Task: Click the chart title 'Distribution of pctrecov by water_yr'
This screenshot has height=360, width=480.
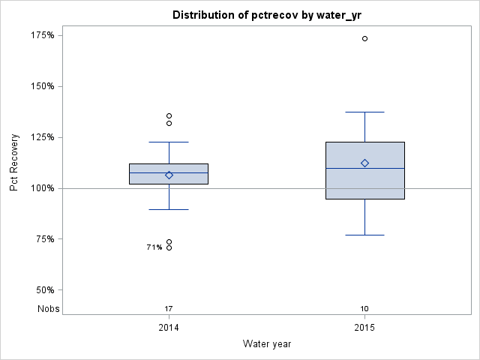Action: coord(267,15)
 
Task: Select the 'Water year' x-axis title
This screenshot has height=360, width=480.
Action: coord(267,344)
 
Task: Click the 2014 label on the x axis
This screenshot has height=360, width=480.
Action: coord(169,328)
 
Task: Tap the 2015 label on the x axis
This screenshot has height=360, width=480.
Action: coord(364,328)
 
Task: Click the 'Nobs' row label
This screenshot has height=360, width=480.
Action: coord(49,309)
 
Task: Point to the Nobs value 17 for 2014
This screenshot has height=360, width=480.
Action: coord(169,309)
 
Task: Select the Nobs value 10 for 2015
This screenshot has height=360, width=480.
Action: coord(364,309)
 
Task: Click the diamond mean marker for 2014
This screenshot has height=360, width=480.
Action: coord(169,175)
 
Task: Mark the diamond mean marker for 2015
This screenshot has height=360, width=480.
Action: coord(364,163)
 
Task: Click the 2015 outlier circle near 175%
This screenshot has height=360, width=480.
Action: coord(364,38)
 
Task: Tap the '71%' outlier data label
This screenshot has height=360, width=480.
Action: coord(154,247)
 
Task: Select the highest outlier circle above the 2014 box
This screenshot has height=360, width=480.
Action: coord(169,115)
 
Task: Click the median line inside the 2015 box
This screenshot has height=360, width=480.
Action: coord(364,168)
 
